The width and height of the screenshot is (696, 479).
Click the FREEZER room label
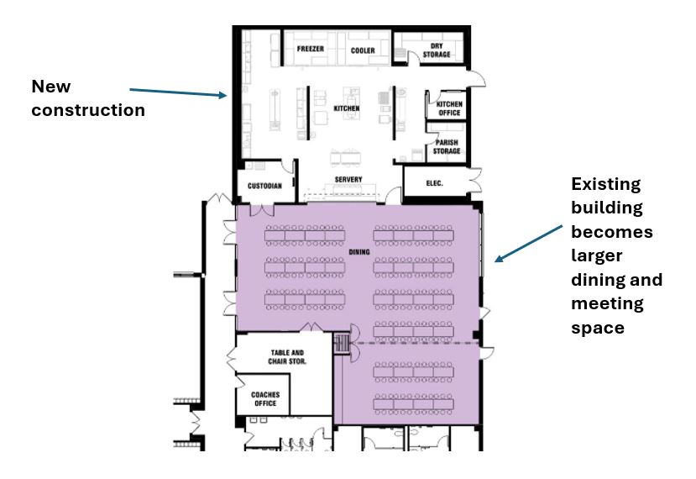click(x=311, y=49)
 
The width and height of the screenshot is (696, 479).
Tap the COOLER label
click(x=363, y=50)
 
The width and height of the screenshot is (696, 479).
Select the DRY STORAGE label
click(x=437, y=50)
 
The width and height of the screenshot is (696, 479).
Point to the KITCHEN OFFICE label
click(x=449, y=108)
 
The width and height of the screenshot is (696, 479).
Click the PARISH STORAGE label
click(x=447, y=146)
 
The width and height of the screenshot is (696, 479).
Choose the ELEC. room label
click(x=435, y=183)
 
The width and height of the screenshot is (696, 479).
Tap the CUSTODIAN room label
click(x=264, y=186)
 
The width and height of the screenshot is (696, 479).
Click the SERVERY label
click(x=348, y=180)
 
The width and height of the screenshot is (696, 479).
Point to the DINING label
click(x=359, y=252)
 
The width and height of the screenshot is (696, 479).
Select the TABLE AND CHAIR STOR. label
click(x=287, y=357)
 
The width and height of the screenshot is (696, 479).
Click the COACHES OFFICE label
click(x=265, y=398)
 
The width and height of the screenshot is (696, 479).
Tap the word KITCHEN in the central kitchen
click(x=347, y=108)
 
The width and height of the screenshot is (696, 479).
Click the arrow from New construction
click(x=178, y=92)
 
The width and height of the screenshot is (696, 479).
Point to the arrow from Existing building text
click(x=528, y=244)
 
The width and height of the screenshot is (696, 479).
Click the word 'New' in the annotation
click(x=51, y=87)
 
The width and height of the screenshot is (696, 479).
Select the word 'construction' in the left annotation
click(x=88, y=110)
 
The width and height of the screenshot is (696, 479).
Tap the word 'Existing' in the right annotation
click(x=606, y=184)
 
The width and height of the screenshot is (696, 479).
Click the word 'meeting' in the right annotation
click(x=608, y=304)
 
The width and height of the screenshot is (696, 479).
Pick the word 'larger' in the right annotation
click(x=597, y=256)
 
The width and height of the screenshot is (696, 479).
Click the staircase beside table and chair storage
click(x=343, y=344)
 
